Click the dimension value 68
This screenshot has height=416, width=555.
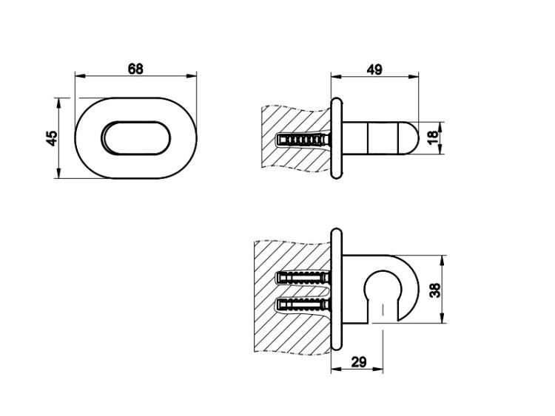pos(135,69)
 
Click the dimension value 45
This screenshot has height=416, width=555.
pos(52,138)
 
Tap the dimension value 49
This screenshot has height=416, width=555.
pos(374,69)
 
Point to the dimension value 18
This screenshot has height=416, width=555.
pos(433,137)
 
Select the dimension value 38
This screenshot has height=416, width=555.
pos(435,290)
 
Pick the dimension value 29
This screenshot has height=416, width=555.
pos(359,361)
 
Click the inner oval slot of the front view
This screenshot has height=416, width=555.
pos(135,138)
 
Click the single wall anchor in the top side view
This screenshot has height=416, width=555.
pos(303,140)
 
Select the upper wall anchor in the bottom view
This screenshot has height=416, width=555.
pos(303,277)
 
